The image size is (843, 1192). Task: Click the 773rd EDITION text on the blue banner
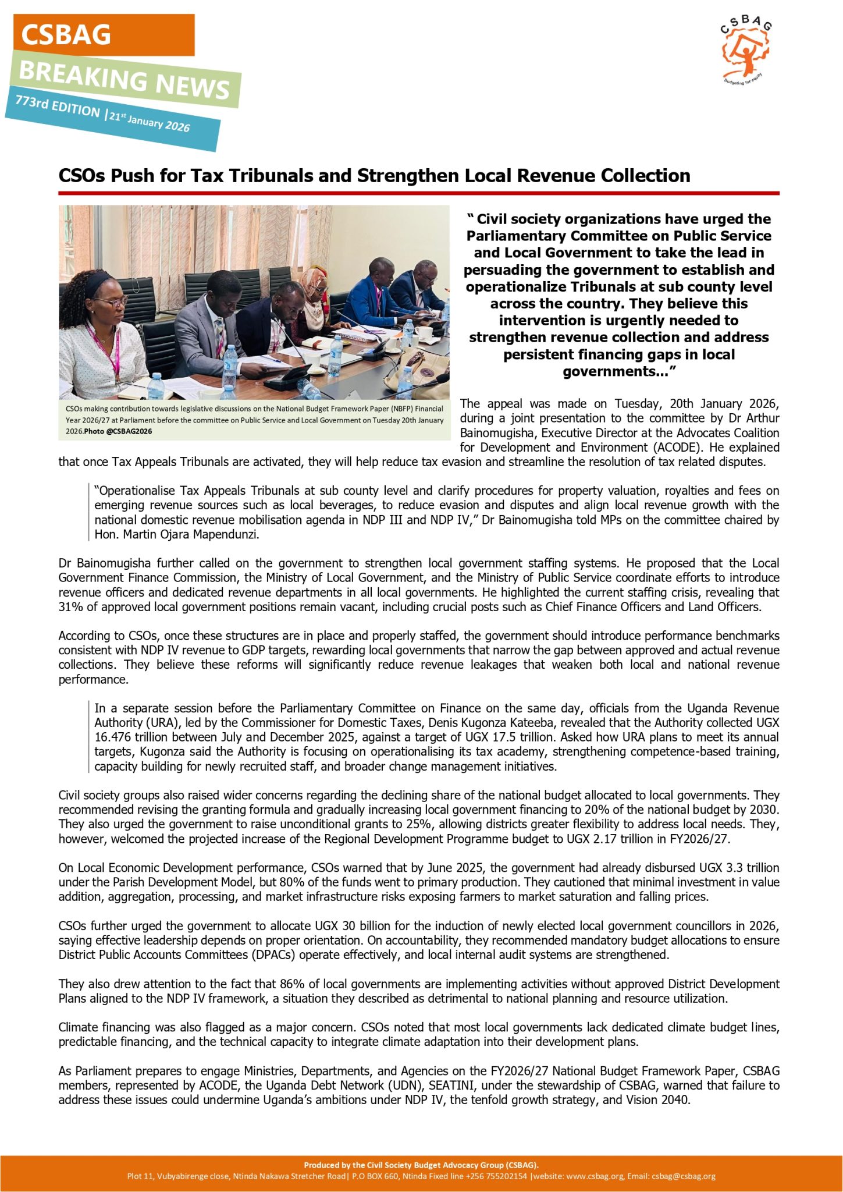(58, 107)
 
